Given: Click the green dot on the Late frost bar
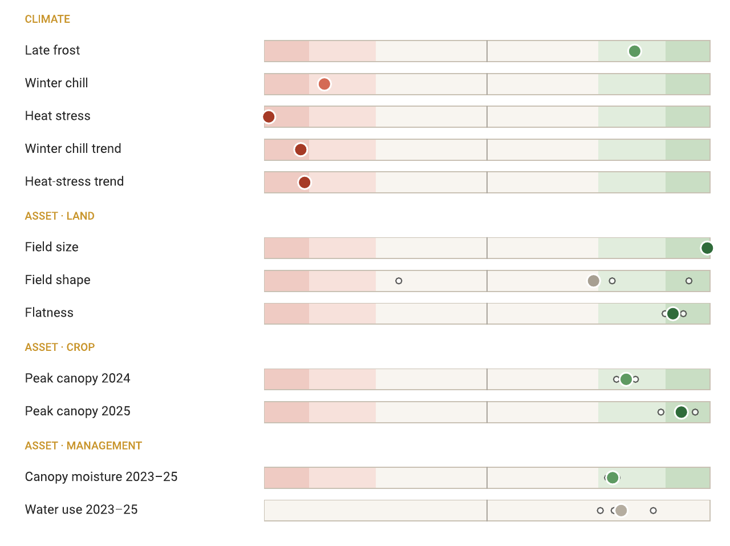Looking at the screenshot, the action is point(634,51).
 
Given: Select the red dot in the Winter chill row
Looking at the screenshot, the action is point(325,84).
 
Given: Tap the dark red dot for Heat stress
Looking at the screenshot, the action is point(269,117).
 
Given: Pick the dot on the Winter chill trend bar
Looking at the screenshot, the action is point(301,149).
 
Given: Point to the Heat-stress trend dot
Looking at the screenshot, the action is point(305,183).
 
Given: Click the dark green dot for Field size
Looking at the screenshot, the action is point(707,248).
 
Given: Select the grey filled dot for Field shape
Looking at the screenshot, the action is point(593,281).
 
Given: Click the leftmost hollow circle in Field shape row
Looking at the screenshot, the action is point(399,281).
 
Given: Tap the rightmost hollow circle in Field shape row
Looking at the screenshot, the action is point(689,281).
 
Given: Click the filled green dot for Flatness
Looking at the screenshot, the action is point(673,313).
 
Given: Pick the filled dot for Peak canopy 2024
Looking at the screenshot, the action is point(626,379).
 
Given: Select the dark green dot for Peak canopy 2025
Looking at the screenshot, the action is point(681,412).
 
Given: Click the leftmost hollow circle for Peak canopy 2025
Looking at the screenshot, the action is point(661,412).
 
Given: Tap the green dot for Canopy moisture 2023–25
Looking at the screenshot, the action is point(613,478).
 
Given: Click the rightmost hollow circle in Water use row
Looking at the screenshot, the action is point(653,511).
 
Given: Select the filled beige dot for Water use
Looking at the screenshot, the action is point(621,511).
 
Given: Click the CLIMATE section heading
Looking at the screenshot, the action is point(47,19).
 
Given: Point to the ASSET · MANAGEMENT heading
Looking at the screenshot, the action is point(83,446).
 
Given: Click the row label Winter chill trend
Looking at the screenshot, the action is point(73,148).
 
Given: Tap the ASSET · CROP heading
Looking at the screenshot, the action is point(59,347).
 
